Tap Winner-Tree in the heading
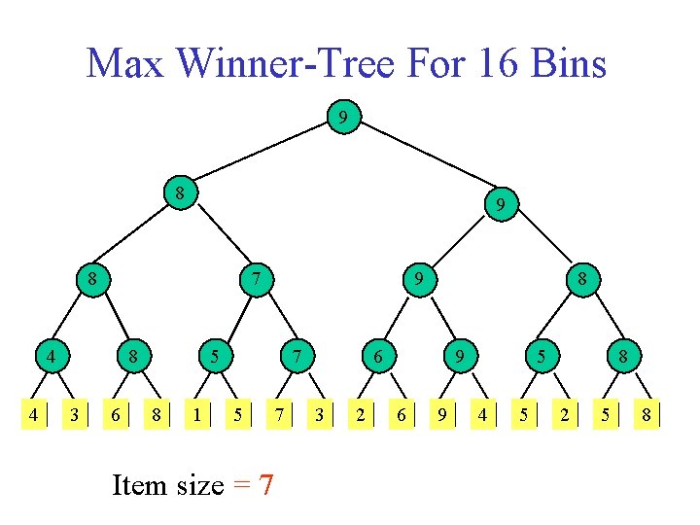pyautogui.click(x=295, y=64)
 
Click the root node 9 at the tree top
pyautogui.click(x=343, y=119)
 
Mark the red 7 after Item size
pyautogui.click(x=264, y=483)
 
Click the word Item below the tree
pyautogui.click(x=139, y=483)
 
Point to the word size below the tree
pyautogui.click(x=200, y=483)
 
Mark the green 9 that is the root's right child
pyautogui.click(x=500, y=205)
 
